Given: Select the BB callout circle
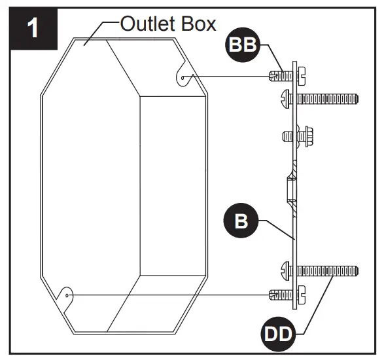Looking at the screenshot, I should point(243,47).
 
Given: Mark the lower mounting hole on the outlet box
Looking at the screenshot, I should point(69,295).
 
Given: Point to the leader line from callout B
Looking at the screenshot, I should point(275,228).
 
